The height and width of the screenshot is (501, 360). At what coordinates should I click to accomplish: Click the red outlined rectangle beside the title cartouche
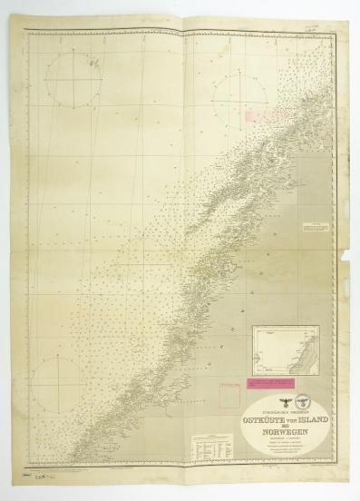[229, 394]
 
